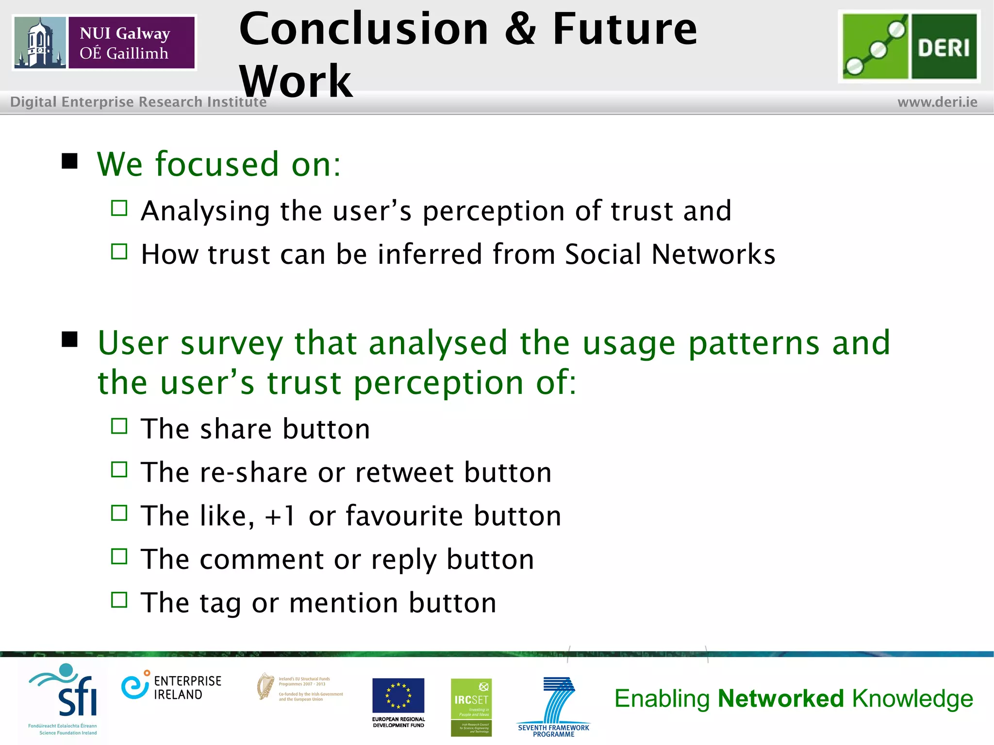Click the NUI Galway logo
pyautogui.click(x=104, y=43)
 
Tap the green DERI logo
pyautogui.click(x=909, y=47)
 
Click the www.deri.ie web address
pyautogui.click(x=937, y=102)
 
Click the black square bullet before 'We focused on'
pyautogui.click(x=70, y=161)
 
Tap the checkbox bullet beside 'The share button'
pyautogui.click(x=119, y=426)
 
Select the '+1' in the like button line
pyautogui.click(x=280, y=516)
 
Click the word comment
pyautogui.click(x=262, y=559)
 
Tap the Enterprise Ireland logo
pyautogui.click(x=171, y=687)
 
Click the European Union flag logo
pyautogui.click(x=398, y=696)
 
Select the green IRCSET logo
pyautogui.click(x=471, y=707)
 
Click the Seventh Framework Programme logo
pyautogui.click(x=554, y=706)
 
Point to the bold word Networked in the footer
pyautogui.click(x=781, y=699)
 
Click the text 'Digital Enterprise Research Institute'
pyautogui.click(x=138, y=102)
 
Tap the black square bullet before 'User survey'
pyautogui.click(x=70, y=340)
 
